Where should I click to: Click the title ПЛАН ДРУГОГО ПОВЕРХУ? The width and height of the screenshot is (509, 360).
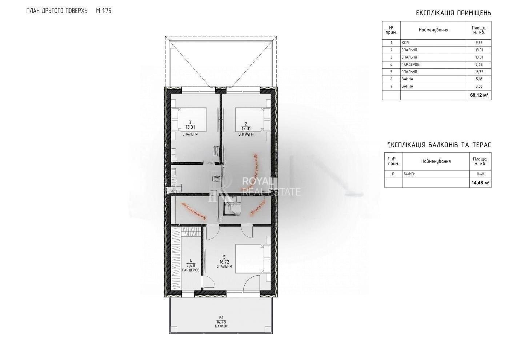[x=57, y=11]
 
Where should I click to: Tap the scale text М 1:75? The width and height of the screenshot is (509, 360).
[x=104, y=11]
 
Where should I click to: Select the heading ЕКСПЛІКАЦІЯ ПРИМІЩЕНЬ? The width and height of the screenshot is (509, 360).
[x=453, y=13]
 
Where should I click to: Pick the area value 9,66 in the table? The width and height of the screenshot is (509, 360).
[x=478, y=43]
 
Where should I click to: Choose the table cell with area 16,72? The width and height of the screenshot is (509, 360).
[x=478, y=72]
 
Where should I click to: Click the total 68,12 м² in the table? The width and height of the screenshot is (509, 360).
[x=479, y=95]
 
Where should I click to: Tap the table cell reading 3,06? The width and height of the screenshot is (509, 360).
[x=478, y=86]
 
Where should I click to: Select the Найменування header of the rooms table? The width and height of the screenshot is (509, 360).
[x=433, y=30]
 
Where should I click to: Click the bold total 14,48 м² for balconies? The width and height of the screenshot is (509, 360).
[x=480, y=183]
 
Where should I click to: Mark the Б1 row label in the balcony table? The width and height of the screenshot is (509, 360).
[x=393, y=174]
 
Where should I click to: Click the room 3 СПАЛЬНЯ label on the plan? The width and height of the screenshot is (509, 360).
[x=190, y=134]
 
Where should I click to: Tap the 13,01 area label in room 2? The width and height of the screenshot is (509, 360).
[x=246, y=128]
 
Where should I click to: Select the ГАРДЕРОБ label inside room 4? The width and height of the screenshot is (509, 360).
[x=191, y=270]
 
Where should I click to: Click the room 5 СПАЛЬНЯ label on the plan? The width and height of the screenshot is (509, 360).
[x=224, y=266]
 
